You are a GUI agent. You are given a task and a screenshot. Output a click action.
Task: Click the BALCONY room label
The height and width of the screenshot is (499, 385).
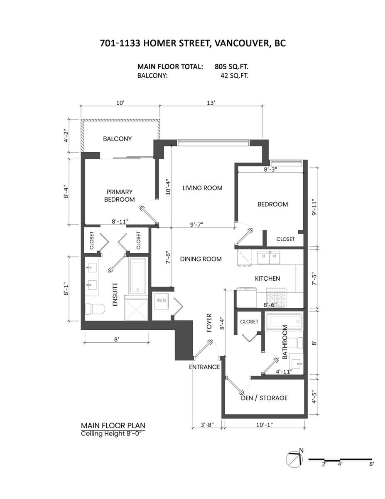click(x=117, y=139)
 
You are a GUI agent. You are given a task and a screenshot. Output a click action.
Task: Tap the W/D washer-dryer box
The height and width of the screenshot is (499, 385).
click(x=160, y=300)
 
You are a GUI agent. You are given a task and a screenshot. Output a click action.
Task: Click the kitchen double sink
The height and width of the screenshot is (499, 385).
click(x=269, y=258)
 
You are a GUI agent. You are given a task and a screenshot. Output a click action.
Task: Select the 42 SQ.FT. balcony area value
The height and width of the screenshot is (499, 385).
click(x=234, y=76)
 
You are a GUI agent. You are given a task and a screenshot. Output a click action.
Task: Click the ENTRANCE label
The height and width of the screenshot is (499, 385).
click(x=204, y=367)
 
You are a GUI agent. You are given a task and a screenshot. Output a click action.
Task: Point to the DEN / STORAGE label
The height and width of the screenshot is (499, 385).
click(x=264, y=398)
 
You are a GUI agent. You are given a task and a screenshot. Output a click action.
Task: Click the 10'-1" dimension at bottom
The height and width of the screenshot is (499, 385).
click(x=264, y=425)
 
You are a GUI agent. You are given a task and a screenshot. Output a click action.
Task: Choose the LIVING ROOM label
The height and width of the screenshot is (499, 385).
click(x=202, y=188)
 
